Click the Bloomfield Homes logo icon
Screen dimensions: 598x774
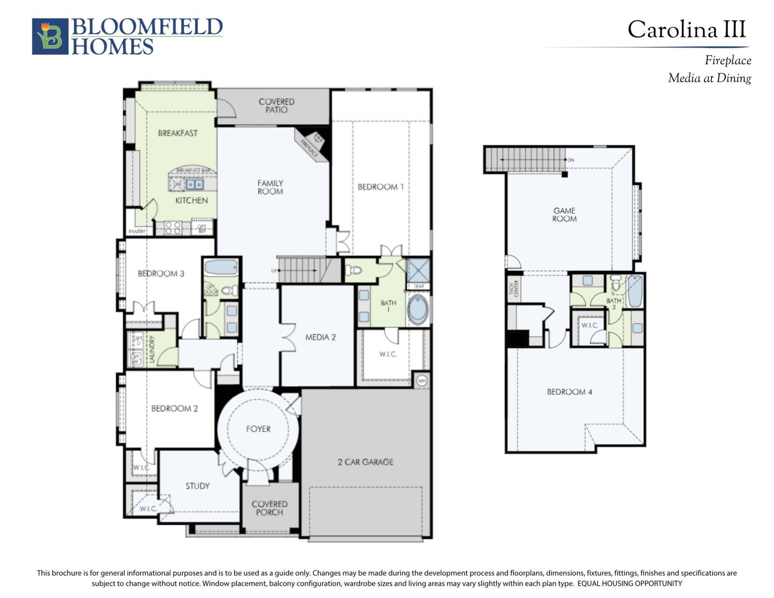50,36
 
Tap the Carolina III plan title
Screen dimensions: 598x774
686,30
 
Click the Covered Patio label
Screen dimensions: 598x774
276,106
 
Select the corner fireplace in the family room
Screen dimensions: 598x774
314,145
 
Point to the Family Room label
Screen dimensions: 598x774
270,187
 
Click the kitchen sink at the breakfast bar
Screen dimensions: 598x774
194,184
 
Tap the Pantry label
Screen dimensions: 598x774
137,231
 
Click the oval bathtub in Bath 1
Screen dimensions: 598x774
417,310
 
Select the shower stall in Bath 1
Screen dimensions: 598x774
419,270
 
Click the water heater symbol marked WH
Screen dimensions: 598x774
422,380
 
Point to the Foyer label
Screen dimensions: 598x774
258,429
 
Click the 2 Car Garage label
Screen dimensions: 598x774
365,462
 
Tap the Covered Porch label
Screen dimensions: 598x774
269,508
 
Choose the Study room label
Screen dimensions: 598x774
197,485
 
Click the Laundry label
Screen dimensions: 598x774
152,349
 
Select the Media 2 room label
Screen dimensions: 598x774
320,337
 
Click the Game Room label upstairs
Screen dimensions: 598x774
564,215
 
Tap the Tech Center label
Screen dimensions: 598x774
514,288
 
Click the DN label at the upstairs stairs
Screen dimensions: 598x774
571,160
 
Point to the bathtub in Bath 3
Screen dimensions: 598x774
635,291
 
